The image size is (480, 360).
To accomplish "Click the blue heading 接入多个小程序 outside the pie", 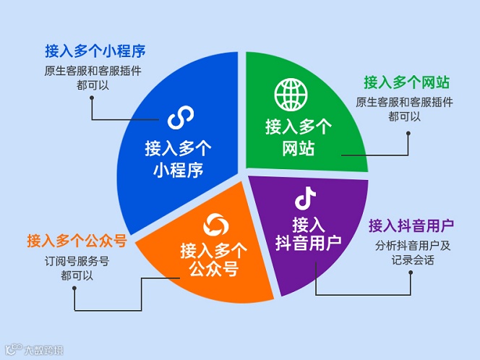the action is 95,51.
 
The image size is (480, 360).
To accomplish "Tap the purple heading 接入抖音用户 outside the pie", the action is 411,225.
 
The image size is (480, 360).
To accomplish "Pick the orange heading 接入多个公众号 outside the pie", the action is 77,241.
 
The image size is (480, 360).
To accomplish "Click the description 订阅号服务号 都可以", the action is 77,268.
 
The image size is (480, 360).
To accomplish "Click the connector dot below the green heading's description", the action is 408,132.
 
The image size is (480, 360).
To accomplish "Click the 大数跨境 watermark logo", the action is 33,350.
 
